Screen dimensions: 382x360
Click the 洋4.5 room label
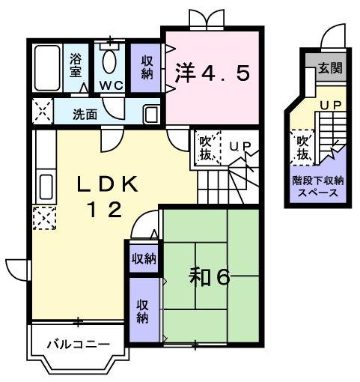click(x=213, y=73)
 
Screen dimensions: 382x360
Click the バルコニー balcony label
click(x=78, y=345)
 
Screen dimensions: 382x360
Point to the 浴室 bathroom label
click(x=76, y=65)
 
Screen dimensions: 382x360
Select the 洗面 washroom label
click(x=85, y=115)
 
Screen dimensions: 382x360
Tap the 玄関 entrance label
click(x=329, y=68)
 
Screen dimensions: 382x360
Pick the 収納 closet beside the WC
click(x=146, y=66)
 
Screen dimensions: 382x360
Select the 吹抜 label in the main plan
click(x=205, y=147)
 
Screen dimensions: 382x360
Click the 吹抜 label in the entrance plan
click(x=302, y=148)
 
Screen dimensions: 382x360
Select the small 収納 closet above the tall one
click(x=144, y=258)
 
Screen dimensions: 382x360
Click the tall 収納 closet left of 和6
click(x=142, y=311)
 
